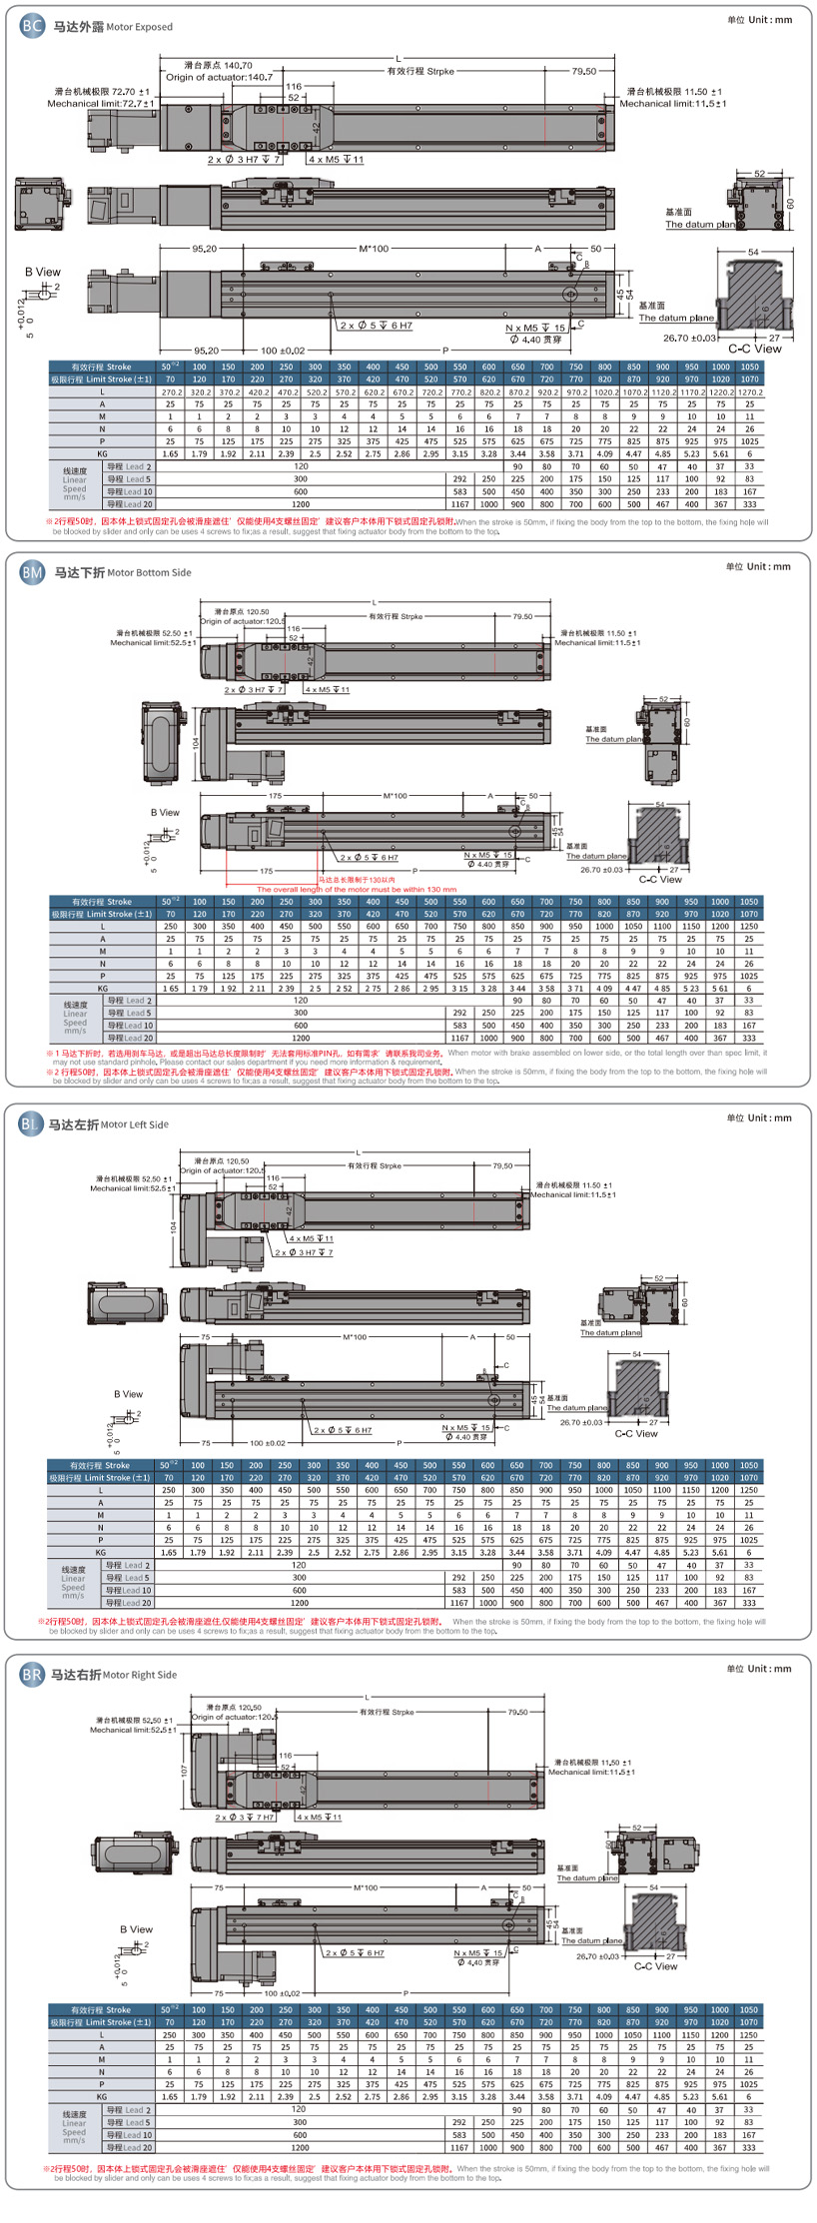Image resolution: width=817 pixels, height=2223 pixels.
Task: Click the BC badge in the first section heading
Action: tap(32, 26)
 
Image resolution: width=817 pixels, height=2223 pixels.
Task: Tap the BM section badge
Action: tap(32, 572)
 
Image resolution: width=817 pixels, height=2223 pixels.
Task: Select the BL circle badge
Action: tap(30, 1124)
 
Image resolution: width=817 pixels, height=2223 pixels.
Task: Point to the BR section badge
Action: tap(32, 1675)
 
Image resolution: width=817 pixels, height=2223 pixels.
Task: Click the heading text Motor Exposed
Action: tap(139, 27)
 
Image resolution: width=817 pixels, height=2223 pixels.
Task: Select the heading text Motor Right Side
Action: tap(139, 1676)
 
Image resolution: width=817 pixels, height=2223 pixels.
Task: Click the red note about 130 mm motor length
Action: tap(356, 889)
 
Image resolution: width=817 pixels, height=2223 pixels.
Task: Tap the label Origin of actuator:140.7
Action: tap(219, 77)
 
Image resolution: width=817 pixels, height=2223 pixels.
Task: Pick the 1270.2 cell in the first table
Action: tap(749, 392)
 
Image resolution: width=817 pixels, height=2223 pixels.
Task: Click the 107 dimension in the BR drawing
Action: tap(184, 1770)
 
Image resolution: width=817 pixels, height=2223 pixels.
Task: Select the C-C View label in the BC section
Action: tap(754, 349)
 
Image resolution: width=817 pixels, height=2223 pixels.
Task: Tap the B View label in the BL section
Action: tap(128, 1394)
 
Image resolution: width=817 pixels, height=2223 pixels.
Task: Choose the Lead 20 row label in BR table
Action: tap(130, 2147)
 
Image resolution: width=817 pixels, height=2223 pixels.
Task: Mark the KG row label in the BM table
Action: tap(102, 989)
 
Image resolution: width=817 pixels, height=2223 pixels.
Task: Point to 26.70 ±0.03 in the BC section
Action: tap(690, 338)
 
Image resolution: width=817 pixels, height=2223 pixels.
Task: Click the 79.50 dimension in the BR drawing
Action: tap(517, 1712)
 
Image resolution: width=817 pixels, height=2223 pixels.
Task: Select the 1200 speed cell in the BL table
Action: tap(300, 1603)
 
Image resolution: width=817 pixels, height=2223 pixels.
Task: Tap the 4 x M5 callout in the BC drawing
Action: tap(337, 160)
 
